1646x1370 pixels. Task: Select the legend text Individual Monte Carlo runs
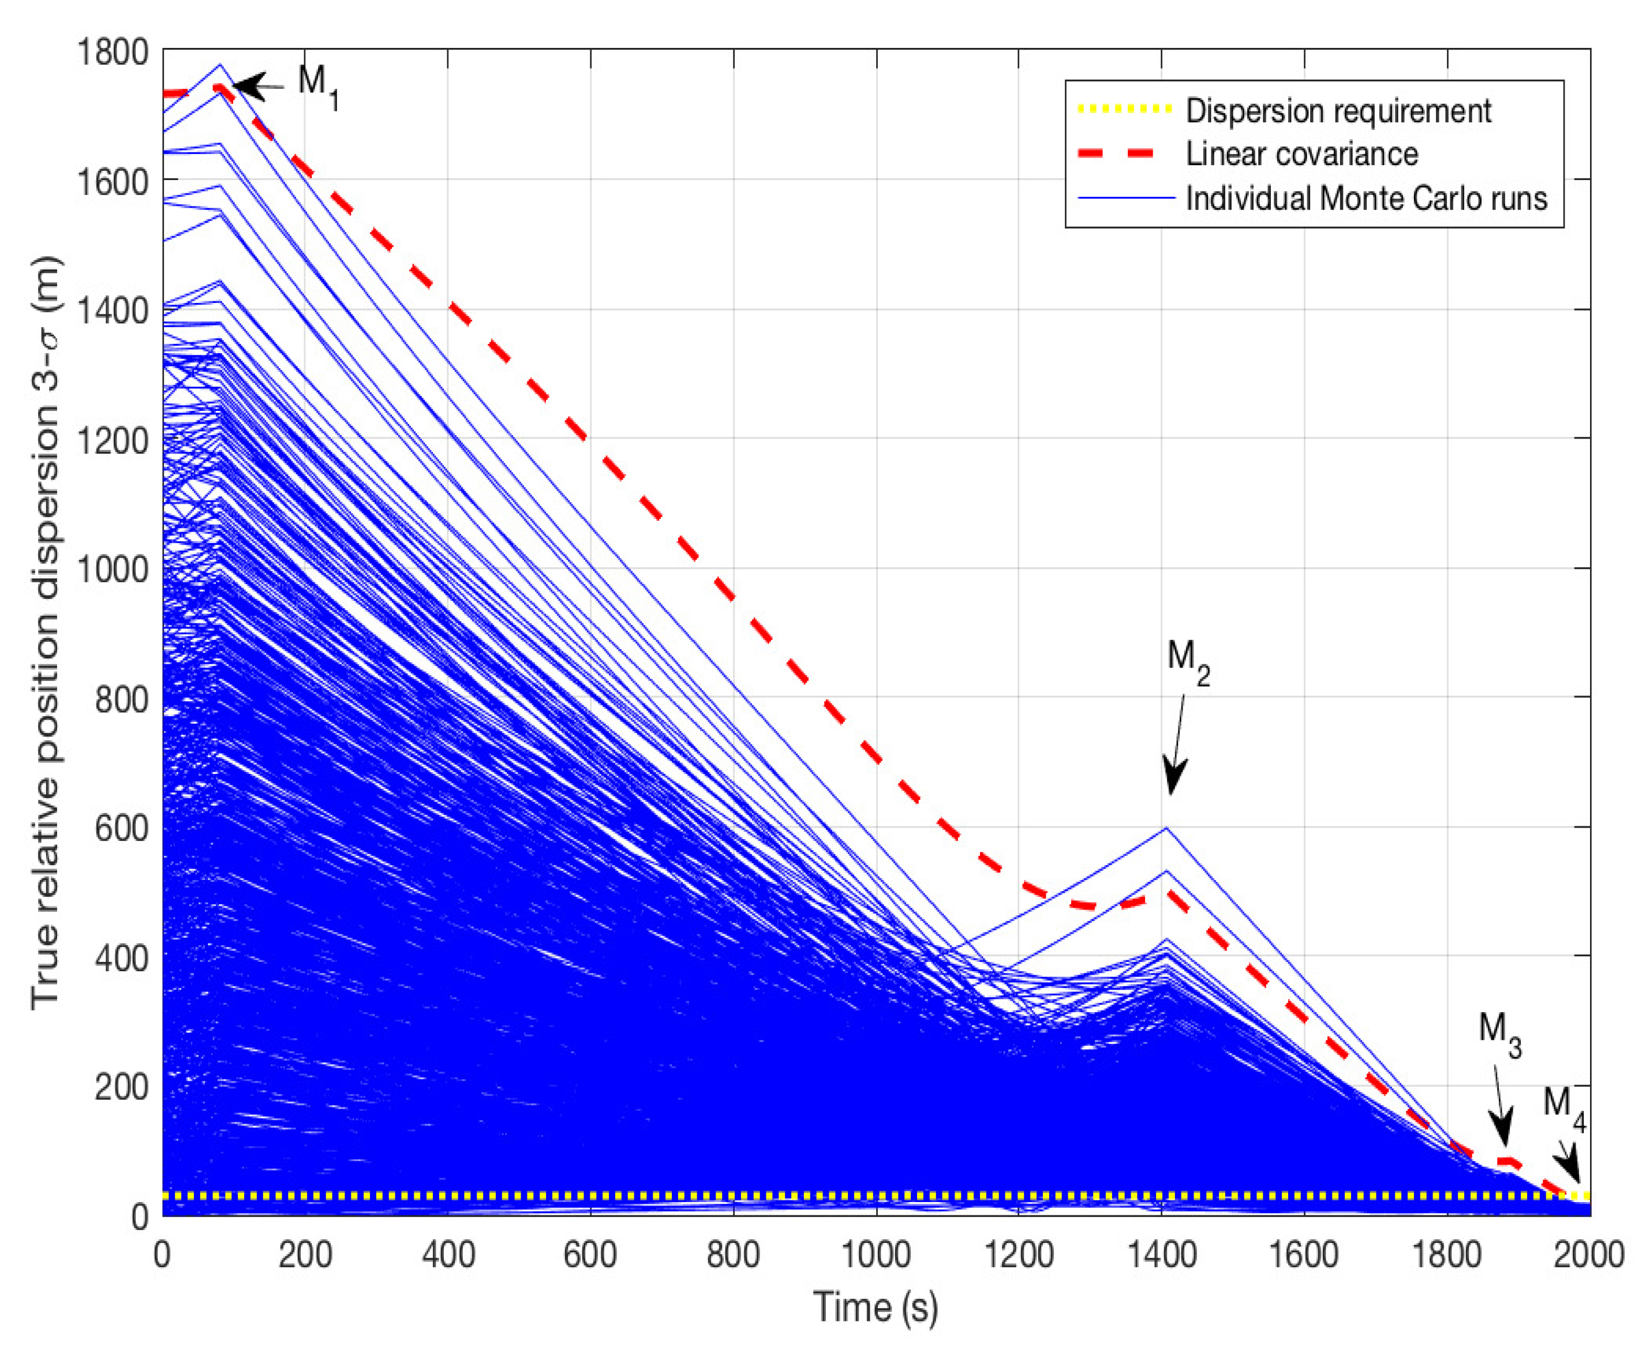[x=1366, y=199]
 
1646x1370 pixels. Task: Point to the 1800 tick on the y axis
[x=112, y=53]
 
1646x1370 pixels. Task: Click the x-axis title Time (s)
[x=876, y=1307]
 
